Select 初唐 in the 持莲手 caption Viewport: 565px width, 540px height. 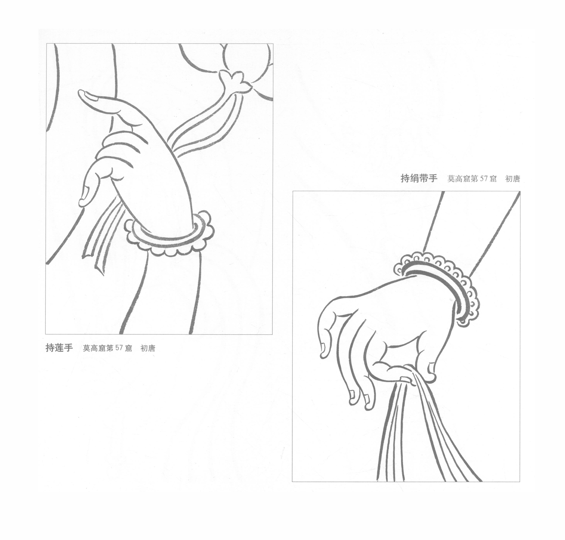148,348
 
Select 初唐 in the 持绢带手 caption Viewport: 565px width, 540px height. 513,179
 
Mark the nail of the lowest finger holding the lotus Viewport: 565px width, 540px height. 84,194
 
